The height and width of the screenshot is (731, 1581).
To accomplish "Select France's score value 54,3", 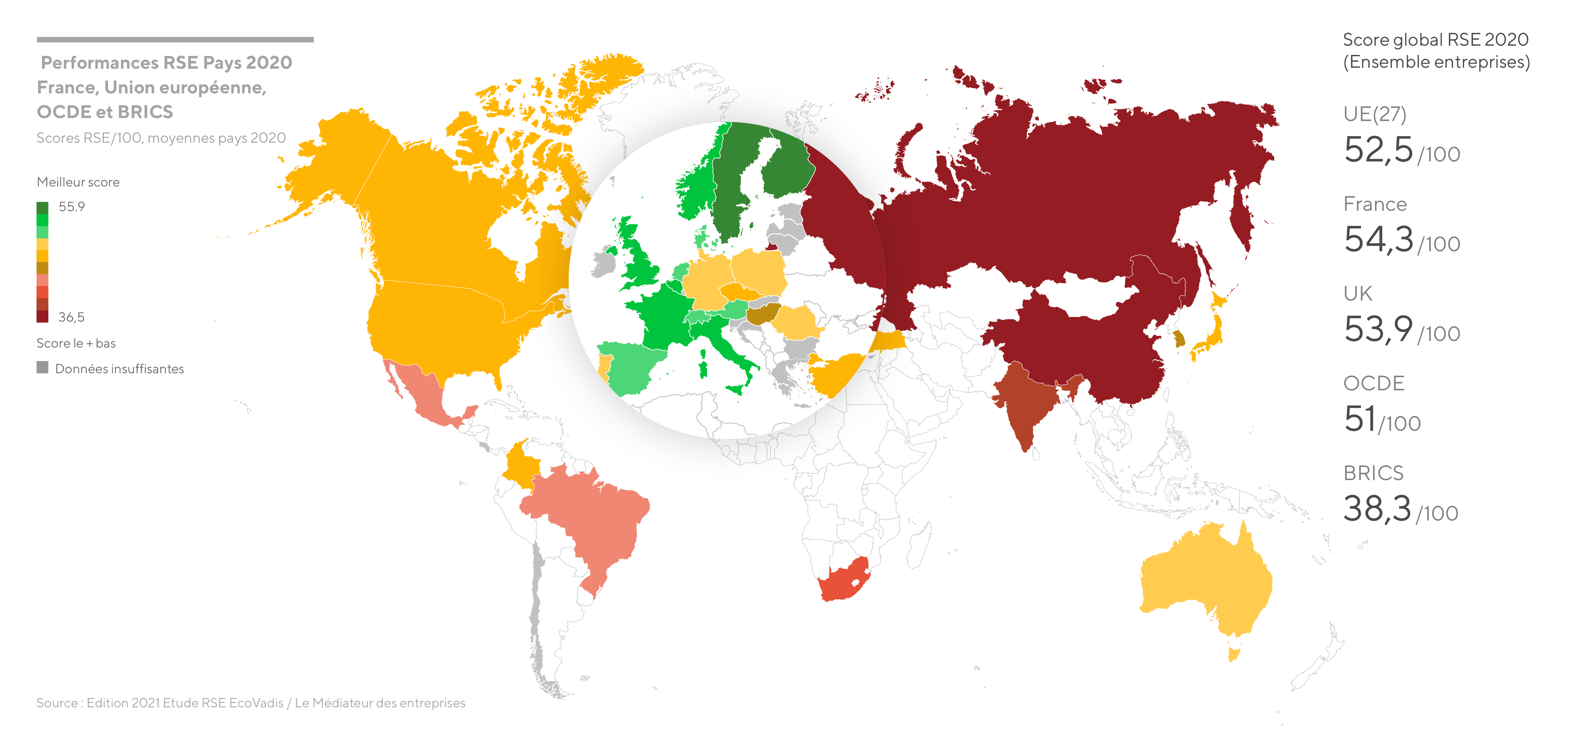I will [x=1378, y=240].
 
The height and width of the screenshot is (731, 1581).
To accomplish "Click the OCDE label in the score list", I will [x=1373, y=383].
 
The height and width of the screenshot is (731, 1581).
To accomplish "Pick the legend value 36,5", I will [x=71, y=317].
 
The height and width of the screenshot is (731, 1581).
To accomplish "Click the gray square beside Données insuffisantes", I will [x=42, y=367].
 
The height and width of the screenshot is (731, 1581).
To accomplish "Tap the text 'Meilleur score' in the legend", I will [x=78, y=182].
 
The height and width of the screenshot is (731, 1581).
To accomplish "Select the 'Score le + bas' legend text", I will [x=76, y=343].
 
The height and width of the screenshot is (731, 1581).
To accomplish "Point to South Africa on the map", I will [x=844, y=580].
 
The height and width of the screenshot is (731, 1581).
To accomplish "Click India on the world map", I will [x=1025, y=405].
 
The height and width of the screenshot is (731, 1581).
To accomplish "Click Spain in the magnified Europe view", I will [x=629, y=369].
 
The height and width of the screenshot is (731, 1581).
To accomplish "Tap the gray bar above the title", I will [x=175, y=39].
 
